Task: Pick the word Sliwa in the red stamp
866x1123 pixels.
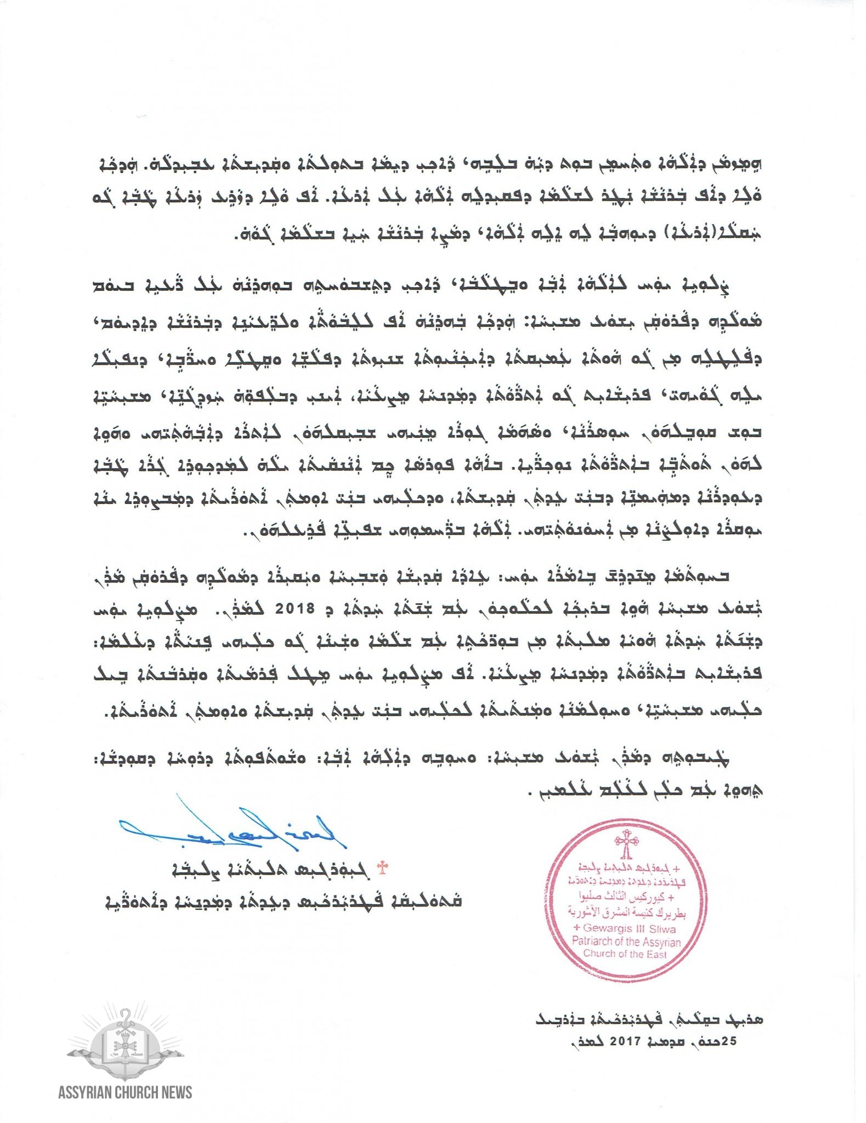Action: coord(662,929)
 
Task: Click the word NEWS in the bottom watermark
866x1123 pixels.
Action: coord(174,1092)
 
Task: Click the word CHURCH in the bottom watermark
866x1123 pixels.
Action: coord(134,1092)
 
